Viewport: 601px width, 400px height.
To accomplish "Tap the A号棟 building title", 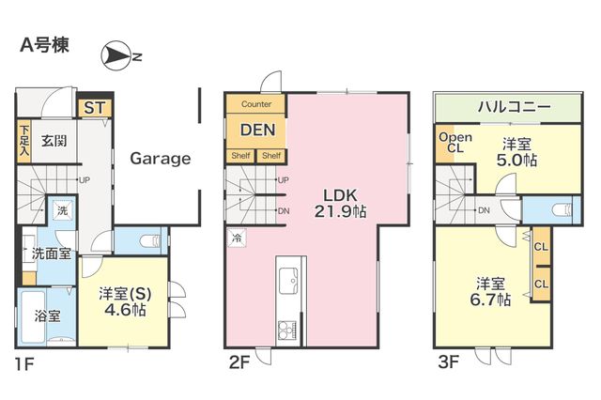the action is tap(45, 46).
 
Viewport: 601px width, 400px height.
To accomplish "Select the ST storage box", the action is tap(95, 108).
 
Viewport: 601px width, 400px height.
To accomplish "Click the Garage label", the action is tap(161, 159).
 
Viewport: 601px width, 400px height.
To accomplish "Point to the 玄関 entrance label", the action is tap(54, 141).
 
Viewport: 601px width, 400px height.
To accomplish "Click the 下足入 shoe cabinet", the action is tap(23, 141).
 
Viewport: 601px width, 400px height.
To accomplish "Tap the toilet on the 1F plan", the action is tap(149, 241).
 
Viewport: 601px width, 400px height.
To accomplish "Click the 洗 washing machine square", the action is tap(63, 210).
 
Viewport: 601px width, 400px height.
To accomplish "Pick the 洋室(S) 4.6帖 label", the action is tap(125, 301).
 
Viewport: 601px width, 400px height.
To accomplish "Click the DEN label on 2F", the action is tap(257, 131).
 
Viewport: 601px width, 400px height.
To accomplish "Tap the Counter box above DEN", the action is tap(256, 104).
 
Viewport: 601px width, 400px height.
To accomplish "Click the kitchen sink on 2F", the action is tap(288, 281).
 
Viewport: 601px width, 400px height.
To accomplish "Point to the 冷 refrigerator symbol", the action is tap(237, 238).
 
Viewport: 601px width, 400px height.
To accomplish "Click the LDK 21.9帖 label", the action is tap(340, 204).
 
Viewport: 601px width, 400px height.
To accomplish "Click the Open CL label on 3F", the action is tap(455, 143).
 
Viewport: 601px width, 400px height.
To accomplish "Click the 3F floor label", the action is tap(449, 362).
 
